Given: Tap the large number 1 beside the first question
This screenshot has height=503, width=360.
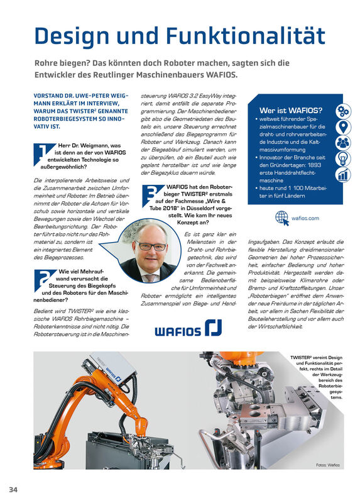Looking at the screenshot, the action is click(43, 152).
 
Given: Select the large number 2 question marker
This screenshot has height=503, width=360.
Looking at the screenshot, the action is click(43, 277).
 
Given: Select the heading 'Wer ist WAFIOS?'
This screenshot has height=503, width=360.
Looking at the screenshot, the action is click(286, 109).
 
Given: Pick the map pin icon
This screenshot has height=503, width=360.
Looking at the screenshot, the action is click(343, 128).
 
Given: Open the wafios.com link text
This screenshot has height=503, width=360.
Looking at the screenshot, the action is click(305, 219).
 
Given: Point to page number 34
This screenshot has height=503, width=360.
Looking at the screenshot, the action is click(14, 489).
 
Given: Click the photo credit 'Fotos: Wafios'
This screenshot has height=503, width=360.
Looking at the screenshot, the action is click(327, 465).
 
